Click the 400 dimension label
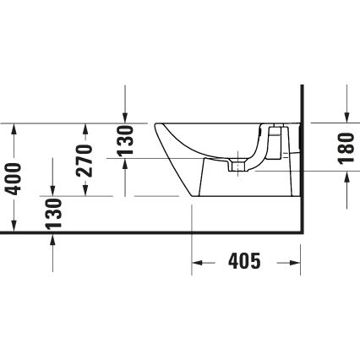13,177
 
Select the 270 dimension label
85,160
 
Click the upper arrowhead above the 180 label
346,117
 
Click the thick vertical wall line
302,161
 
